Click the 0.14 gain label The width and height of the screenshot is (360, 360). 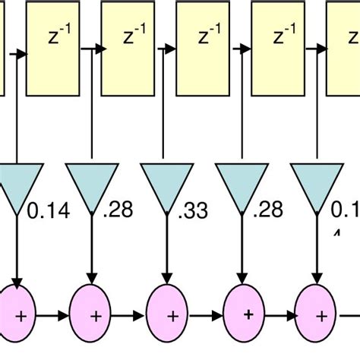47,212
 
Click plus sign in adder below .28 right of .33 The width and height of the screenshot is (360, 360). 248,312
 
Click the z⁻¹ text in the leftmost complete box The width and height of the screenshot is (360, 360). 55,36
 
